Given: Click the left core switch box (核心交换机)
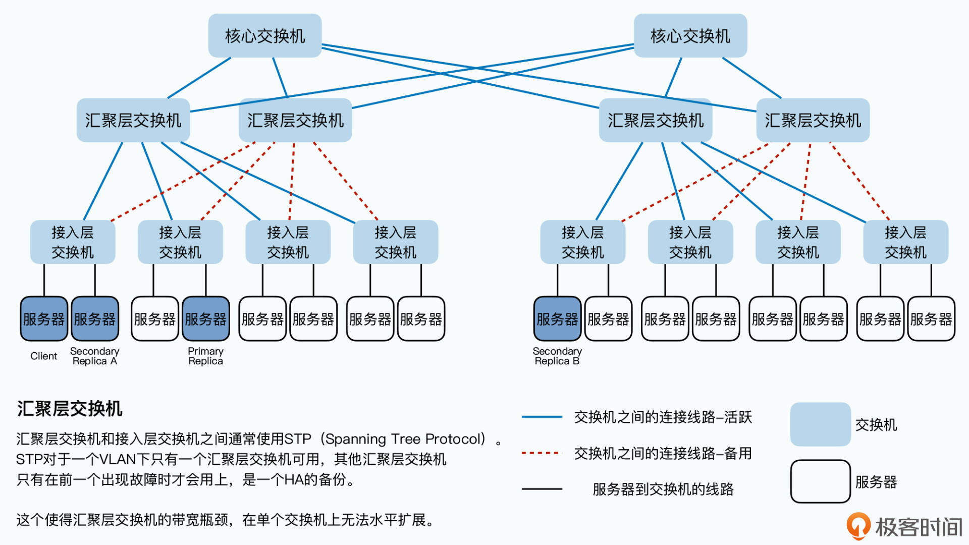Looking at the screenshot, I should [265, 36].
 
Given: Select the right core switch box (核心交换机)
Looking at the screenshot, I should [690, 36].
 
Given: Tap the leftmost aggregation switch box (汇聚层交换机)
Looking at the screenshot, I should [133, 120].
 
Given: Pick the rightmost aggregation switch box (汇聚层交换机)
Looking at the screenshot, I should [813, 120].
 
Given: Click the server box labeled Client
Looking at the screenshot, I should [44, 319].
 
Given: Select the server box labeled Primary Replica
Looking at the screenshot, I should [205, 319].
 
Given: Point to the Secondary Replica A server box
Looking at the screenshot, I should [95, 319].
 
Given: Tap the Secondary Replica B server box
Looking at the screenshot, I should [557, 319].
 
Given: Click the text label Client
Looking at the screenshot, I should [44, 356].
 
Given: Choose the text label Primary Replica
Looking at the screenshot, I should [205, 356].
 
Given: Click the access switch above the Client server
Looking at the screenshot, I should [73, 242].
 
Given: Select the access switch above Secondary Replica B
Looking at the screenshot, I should [582, 242].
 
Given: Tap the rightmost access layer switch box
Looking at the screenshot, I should [905, 242].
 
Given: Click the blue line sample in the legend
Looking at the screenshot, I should [542, 417].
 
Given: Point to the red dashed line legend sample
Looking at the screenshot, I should [542, 453].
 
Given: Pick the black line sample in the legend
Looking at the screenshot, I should [542, 489].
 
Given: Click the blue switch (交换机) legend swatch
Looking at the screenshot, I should [820, 424].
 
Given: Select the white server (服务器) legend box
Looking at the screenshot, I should [820, 481].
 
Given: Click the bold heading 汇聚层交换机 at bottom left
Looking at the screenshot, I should [70, 409].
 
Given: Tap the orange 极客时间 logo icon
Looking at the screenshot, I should [858, 526].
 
